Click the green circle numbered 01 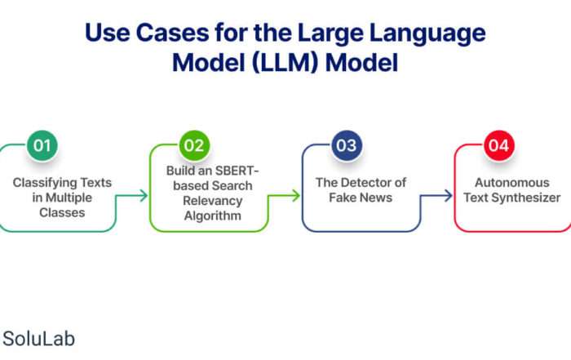tap(42, 145)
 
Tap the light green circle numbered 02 tap(194, 145)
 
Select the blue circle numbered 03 tap(347, 145)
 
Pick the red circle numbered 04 tap(499, 145)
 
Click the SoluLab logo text tap(39, 339)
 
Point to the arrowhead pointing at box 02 tap(144, 196)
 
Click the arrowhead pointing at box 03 tap(296, 196)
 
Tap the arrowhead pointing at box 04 tap(449, 196)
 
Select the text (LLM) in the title tap(285, 62)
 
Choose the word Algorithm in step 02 tap(213, 216)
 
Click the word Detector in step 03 tap(365, 182)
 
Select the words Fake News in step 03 tap(361, 198)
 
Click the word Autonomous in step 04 tap(512, 182)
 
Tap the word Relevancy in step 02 tap(213, 201)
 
